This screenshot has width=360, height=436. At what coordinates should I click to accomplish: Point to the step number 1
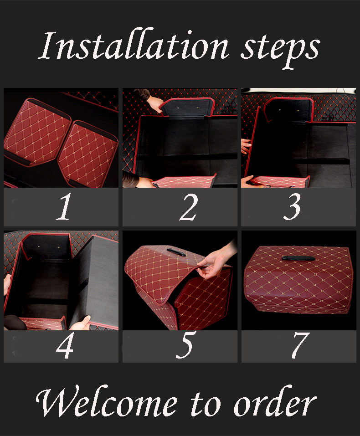[x=64, y=206]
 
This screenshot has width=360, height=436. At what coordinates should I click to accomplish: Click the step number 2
[x=189, y=207]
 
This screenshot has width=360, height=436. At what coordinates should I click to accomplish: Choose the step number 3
[x=292, y=206]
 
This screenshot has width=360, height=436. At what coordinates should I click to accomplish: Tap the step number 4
[x=65, y=345]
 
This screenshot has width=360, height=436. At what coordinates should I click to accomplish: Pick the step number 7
[x=300, y=345]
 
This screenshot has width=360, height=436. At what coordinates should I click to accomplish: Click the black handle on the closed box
[x=298, y=258]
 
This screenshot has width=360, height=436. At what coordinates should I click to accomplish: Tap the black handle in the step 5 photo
[x=176, y=252]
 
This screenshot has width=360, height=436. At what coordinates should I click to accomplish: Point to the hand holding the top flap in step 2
[x=154, y=103]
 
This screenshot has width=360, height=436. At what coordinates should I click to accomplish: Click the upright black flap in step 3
[x=289, y=110]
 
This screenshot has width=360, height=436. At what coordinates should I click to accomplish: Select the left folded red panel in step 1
[x=37, y=133]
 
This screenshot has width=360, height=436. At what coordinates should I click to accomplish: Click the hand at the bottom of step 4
[x=80, y=323]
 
